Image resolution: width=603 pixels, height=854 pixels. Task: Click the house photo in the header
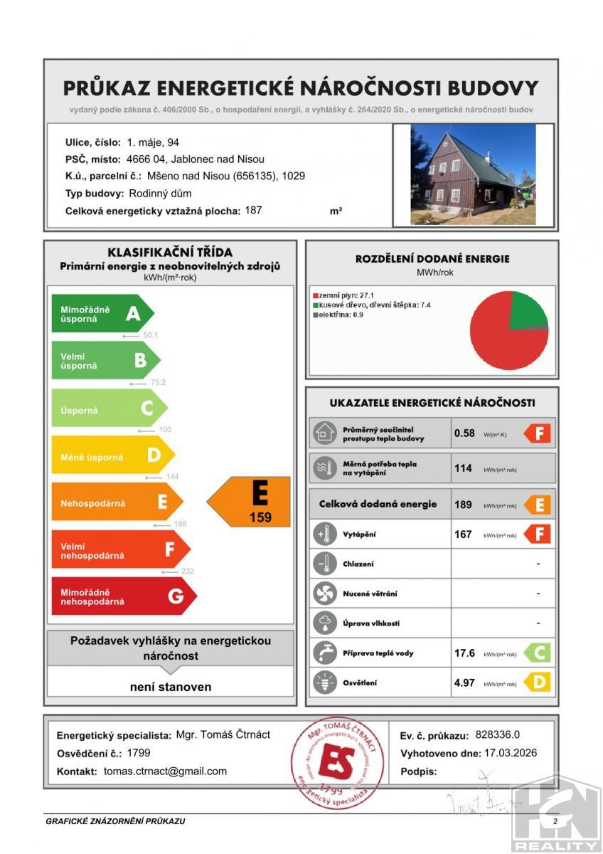[473, 174]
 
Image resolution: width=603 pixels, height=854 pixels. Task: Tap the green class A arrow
[101, 313]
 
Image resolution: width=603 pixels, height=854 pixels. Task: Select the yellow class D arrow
[112, 457]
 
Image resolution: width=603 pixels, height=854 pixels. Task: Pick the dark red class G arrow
[122, 596]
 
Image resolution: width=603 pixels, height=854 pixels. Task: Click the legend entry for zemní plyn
[339, 294]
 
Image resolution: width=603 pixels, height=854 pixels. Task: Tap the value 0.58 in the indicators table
[464, 433]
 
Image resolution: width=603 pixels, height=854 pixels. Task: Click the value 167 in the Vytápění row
[463, 534]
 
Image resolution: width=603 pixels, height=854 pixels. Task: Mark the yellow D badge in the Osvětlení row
[538, 682]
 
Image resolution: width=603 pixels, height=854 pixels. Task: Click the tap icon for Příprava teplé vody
[324, 653]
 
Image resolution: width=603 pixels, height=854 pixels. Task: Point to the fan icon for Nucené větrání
[324, 593]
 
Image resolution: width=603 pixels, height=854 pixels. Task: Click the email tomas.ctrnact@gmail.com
[165, 771]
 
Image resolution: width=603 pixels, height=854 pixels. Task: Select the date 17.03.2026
[510, 753]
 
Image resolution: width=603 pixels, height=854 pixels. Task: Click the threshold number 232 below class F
[187, 571]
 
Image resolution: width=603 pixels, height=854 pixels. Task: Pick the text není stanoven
[171, 687]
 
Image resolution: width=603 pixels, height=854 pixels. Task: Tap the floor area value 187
[253, 210]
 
